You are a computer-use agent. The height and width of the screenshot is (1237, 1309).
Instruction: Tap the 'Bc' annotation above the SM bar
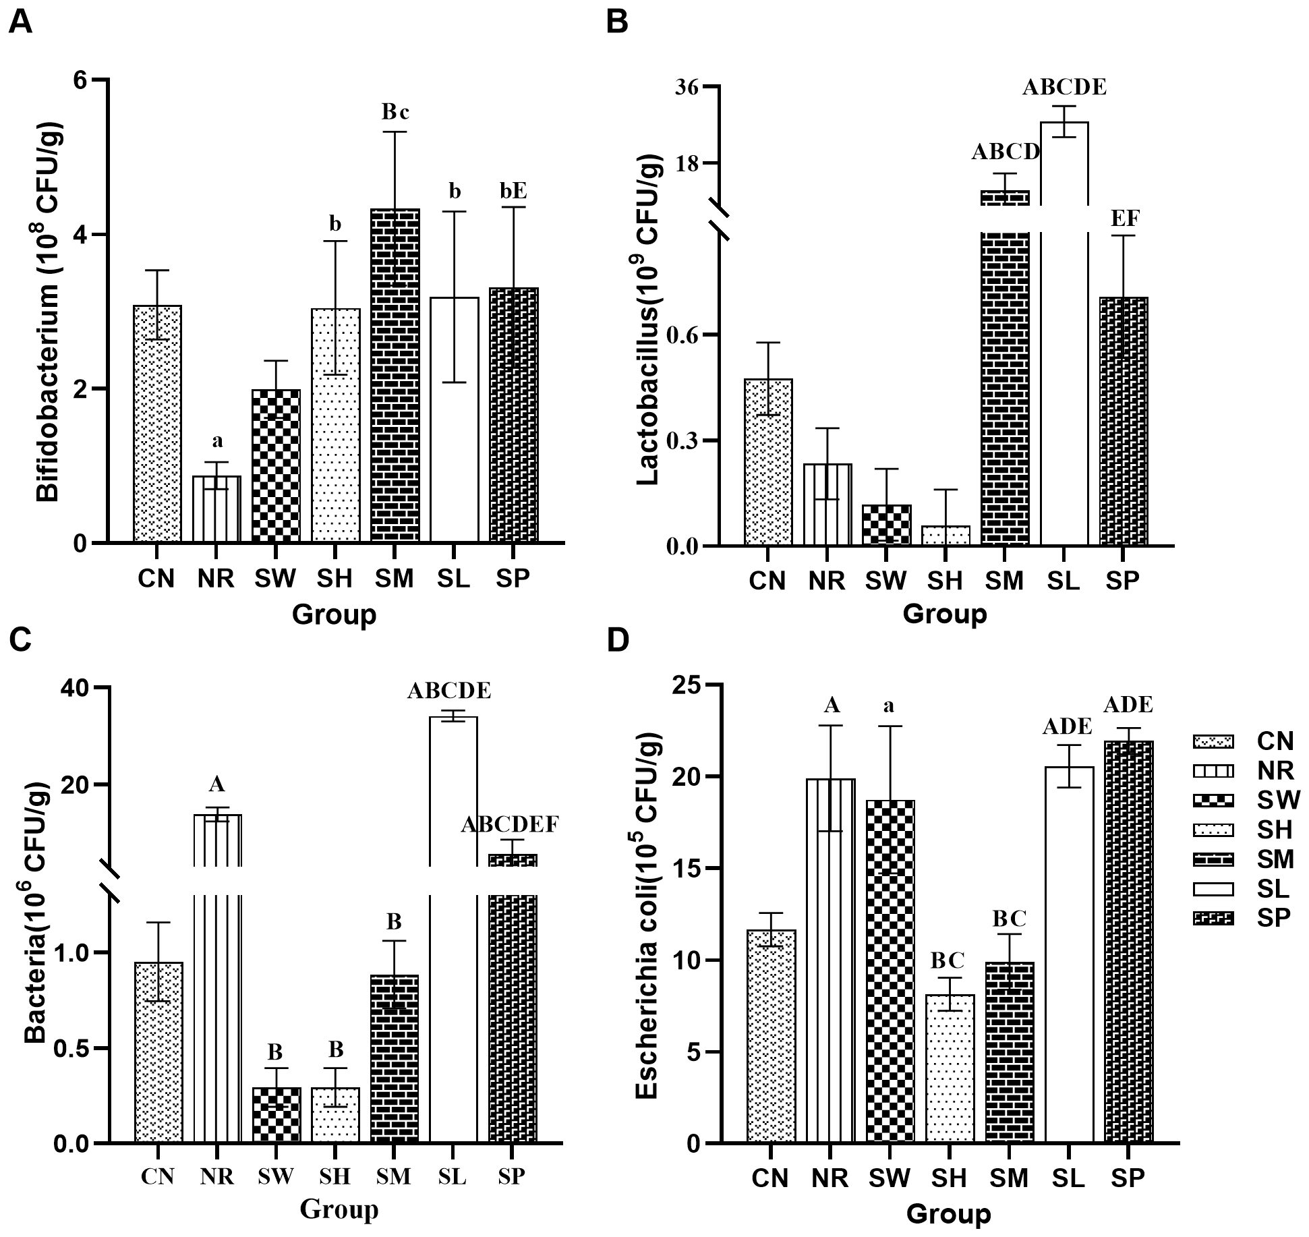pyautogui.click(x=395, y=112)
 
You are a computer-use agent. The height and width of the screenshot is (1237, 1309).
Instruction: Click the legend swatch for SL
pyautogui.click(x=1213, y=889)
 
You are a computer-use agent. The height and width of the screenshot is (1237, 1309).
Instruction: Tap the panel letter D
pyautogui.click(x=618, y=640)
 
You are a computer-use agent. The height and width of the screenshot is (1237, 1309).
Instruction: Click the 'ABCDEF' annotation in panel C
pyautogui.click(x=510, y=824)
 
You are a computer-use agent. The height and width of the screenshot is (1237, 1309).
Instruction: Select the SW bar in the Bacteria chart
pyautogui.click(x=275, y=1114)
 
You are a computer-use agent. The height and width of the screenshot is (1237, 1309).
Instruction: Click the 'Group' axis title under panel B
pyautogui.click(x=944, y=614)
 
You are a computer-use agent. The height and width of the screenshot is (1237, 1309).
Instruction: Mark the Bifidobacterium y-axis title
pyautogui.click(x=49, y=312)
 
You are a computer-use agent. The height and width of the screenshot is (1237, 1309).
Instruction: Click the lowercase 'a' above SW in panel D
pyautogui.click(x=890, y=706)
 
